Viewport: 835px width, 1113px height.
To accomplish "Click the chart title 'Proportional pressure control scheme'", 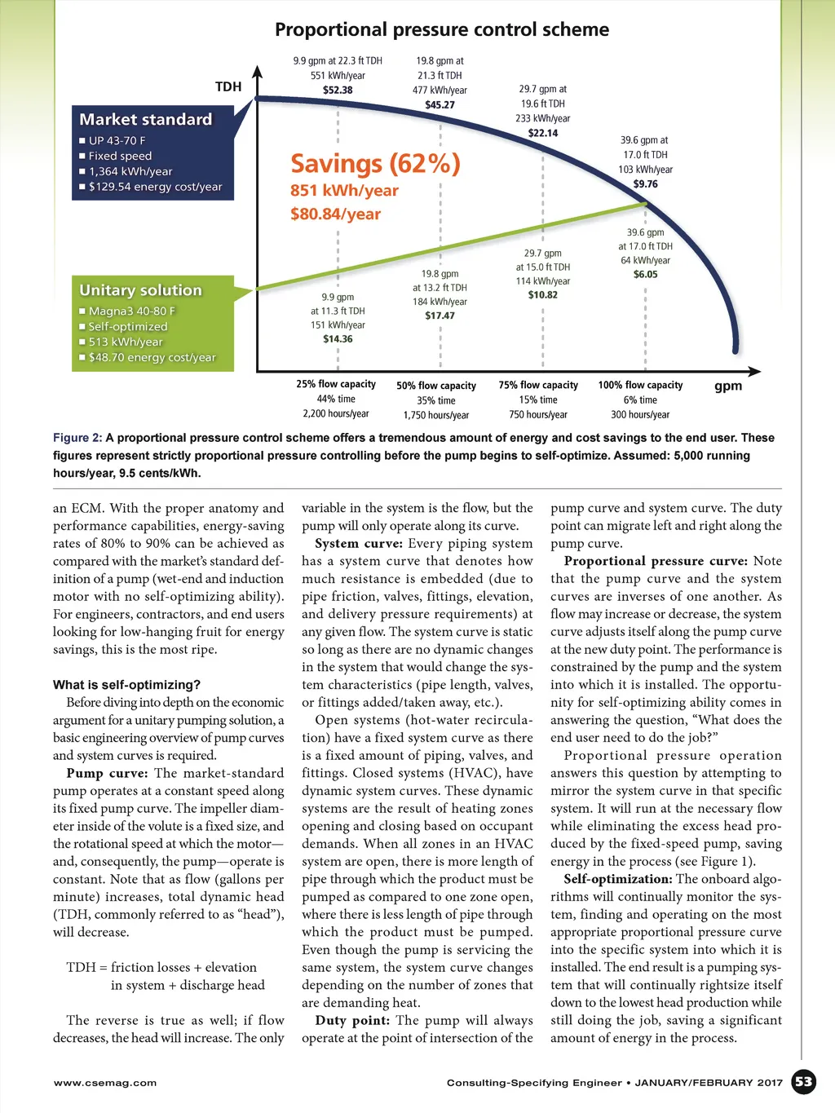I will [441, 30].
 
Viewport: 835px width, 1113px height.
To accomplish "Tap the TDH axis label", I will [228, 86].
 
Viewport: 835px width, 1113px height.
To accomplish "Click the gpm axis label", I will [728, 386].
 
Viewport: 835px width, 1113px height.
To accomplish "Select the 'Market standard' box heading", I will [145, 119].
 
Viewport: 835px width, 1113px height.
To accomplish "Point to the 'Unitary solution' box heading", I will [140, 290].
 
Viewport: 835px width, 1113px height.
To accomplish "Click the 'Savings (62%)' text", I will [375, 164].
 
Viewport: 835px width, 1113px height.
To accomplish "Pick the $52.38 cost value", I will [338, 91].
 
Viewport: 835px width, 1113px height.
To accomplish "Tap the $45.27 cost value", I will [440, 105].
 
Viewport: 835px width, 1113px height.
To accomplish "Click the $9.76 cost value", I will [645, 184].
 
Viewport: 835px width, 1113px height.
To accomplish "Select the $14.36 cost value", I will [338, 339].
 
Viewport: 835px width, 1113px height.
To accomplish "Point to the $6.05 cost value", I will [645, 275].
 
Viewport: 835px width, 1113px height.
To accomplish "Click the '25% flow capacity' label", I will [336, 384].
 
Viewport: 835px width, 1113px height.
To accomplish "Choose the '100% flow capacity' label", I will [640, 385].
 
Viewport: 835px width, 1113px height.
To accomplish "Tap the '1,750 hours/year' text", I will [436, 415].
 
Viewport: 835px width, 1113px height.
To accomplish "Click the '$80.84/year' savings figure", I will [335, 214].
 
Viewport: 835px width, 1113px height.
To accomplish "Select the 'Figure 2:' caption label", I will [77, 438].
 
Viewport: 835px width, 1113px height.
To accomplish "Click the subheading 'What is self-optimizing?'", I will [126, 685].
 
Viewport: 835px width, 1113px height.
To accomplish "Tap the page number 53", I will [804, 1082].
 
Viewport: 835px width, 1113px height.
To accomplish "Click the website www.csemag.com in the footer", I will [104, 1083].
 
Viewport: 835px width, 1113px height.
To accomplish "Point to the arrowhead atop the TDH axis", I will [258, 71].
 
